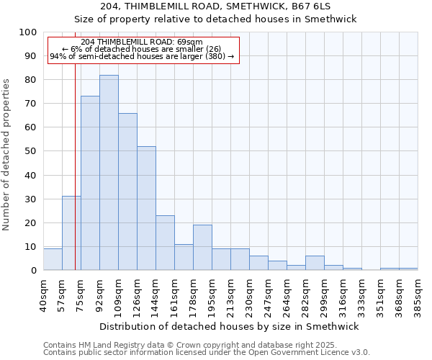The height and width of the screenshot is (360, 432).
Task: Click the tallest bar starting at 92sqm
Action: (109, 173)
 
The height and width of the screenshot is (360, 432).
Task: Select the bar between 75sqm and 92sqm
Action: (90, 184)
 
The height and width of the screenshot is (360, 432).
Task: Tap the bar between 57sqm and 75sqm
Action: (71, 233)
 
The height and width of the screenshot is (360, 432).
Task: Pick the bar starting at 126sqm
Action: (146, 209)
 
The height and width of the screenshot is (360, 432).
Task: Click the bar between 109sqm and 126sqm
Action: (127, 192)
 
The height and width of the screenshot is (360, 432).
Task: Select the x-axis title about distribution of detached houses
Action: (230, 326)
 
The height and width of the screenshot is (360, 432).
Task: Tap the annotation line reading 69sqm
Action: (142, 42)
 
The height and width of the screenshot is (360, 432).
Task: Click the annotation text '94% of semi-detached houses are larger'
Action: (142, 56)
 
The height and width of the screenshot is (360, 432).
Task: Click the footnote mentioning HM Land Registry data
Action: (205, 345)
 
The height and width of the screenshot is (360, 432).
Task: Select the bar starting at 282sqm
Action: (315, 263)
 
